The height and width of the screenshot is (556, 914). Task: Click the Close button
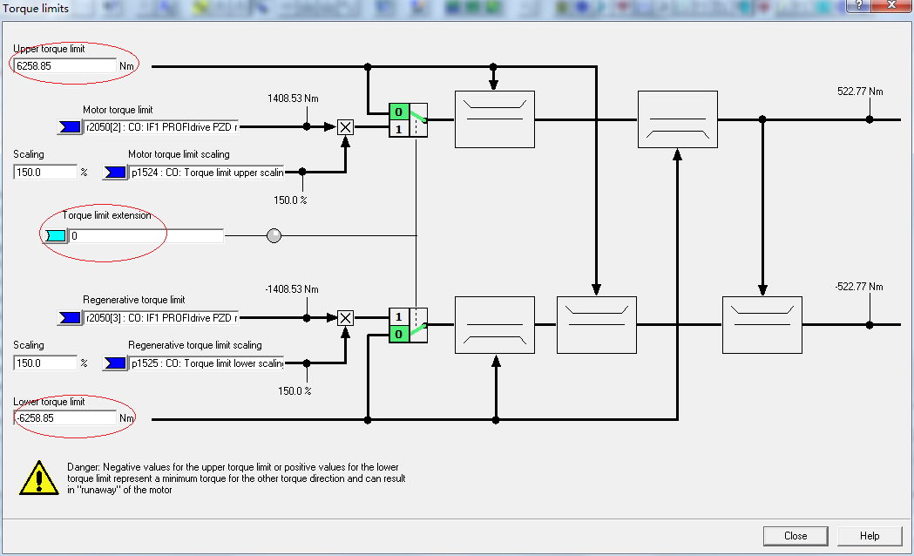795,536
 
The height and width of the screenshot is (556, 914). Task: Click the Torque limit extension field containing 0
146,235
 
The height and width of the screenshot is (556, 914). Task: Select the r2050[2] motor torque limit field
160,126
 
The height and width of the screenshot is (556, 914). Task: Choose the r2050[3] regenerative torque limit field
160,318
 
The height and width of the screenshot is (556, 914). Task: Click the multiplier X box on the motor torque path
345,126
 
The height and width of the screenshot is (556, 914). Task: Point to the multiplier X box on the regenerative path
345,318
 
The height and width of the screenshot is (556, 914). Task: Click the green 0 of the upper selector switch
398,112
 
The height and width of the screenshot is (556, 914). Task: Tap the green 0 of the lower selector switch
398,334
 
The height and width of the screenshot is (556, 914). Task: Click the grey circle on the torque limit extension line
274,235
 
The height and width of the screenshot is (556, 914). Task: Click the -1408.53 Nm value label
292,289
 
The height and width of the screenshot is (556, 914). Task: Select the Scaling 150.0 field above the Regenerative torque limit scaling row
45,363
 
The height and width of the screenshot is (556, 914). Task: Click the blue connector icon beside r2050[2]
68,126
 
